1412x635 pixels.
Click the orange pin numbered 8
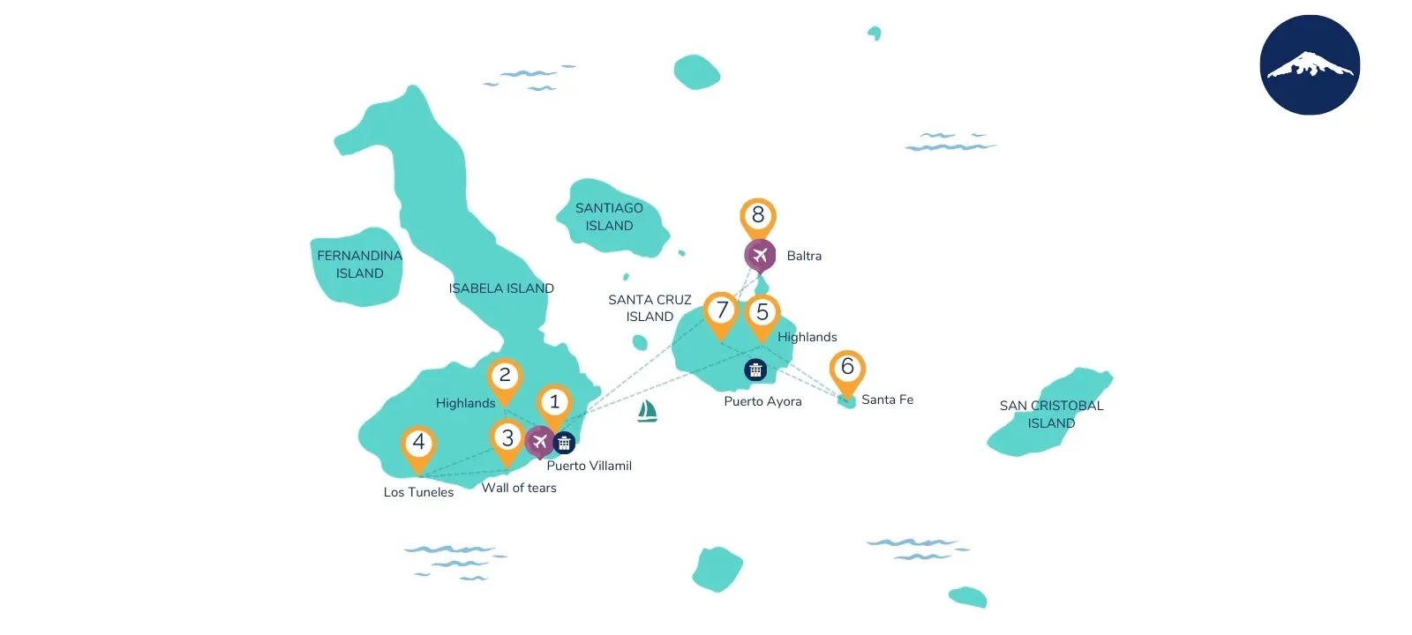(x=757, y=216)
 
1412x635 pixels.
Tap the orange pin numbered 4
(x=418, y=443)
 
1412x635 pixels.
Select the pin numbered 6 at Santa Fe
(x=847, y=368)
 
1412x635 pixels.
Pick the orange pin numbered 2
(x=505, y=377)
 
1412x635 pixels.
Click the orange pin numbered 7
(x=721, y=310)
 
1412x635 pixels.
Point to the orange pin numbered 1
(x=554, y=403)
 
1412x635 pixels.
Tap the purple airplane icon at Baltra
(x=759, y=256)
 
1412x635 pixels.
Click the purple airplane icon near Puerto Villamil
(x=539, y=441)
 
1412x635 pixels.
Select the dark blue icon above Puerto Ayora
(x=755, y=370)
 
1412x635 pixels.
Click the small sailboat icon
(x=647, y=411)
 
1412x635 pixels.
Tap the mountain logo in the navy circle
(x=1310, y=65)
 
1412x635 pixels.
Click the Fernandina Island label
(x=359, y=265)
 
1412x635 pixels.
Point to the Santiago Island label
(x=609, y=217)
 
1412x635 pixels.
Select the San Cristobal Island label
(x=1051, y=415)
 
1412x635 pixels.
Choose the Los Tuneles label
(x=418, y=492)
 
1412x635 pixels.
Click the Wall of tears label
(x=519, y=488)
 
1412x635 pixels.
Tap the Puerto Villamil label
(x=589, y=466)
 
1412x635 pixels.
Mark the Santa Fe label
(x=887, y=400)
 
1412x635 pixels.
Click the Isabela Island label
(x=501, y=288)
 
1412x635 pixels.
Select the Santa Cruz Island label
(x=650, y=308)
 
